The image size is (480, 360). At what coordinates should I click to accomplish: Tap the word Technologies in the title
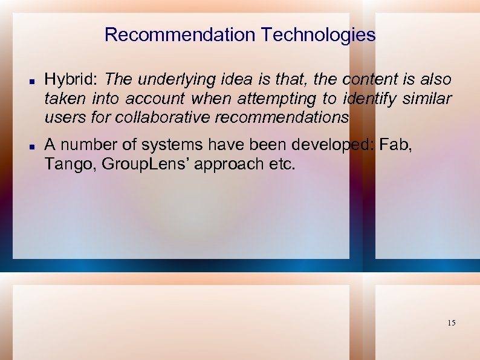point(319,35)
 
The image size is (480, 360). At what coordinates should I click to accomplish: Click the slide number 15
point(451,323)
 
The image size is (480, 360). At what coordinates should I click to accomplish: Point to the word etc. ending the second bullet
point(282,164)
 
